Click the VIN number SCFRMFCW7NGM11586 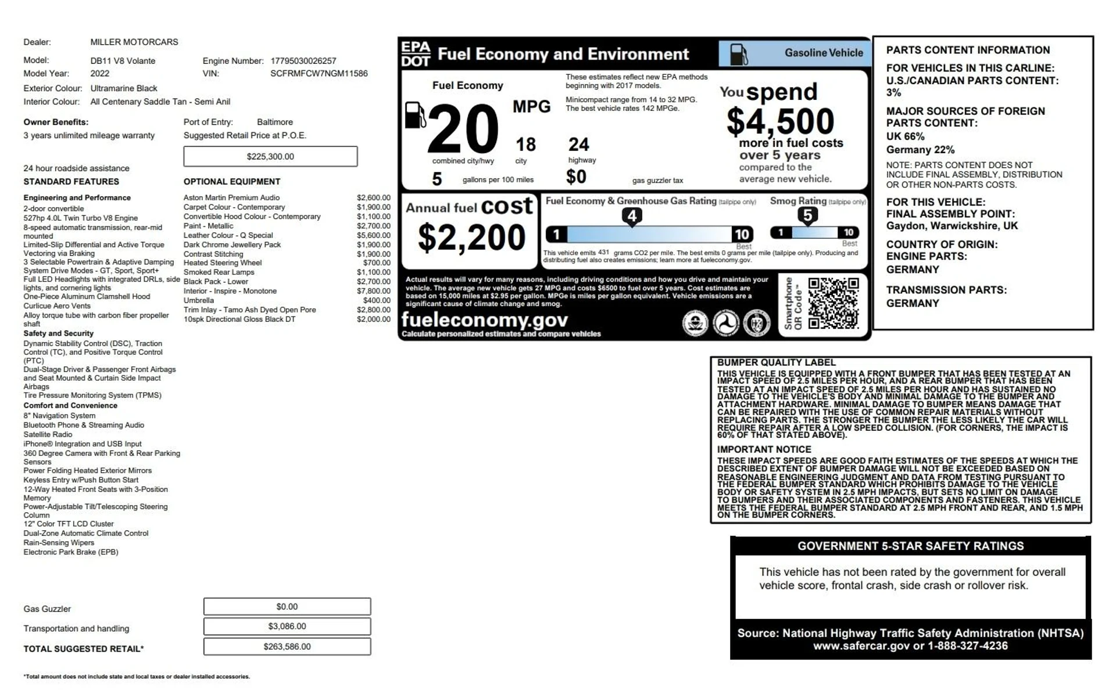pyautogui.click(x=319, y=74)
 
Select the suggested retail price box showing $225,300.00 pyautogui.click(x=270, y=156)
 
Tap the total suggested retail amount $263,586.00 pyautogui.click(x=287, y=646)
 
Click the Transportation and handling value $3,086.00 pyautogui.click(x=287, y=626)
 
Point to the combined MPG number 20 pyautogui.click(x=463, y=129)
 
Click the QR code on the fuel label pyautogui.click(x=833, y=303)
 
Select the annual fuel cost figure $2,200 pyautogui.click(x=471, y=238)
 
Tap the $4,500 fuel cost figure pyautogui.click(x=780, y=121)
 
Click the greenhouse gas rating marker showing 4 pyautogui.click(x=632, y=216)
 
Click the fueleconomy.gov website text pyautogui.click(x=484, y=320)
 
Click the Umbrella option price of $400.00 pyautogui.click(x=377, y=300)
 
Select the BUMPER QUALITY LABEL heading pyautogui.click(x=776, y=362)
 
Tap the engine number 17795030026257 pyautogui.click(x=303, y=61)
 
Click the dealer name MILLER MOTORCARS pyautogui.click(x=134, y=42)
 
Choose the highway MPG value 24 pyautogui.click(x=578, y=144)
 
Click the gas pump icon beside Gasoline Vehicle pyautogui.click(x=738, y=54)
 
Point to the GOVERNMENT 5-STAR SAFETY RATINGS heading pyautogui.click(x=910, y=546)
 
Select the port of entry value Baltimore pyautogui.click(x=275, y=122)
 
